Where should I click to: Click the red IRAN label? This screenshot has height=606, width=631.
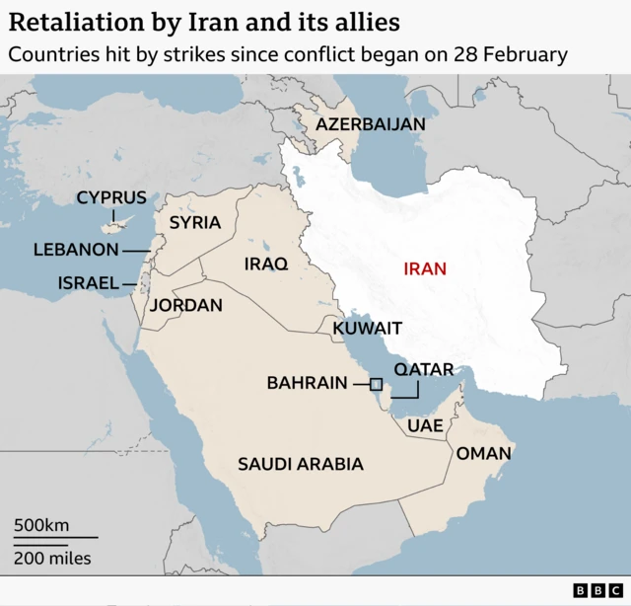click(x=425, y=268)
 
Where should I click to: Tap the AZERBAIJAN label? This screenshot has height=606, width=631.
click(x=371, y=124)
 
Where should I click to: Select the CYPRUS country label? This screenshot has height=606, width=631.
click(x=111, y=198)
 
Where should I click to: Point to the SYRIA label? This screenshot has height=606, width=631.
click(x=195, y=223)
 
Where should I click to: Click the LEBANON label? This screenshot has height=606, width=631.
click(x=76, y=251)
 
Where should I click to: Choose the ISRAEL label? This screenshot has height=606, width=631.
click(x=89, y=283)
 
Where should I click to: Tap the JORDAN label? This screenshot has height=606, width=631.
click(x=185, y=306)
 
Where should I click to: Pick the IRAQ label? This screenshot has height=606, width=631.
click(x=266, y=265)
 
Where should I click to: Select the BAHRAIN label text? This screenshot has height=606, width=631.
click(x=308, y=383)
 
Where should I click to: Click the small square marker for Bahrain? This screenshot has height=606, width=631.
click(x=376, y=384)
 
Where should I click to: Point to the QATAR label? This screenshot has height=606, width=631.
click(x=424, y=370)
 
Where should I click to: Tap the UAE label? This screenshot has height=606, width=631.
click(x=425, y=426)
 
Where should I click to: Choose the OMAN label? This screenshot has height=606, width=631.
click(x=483, y=454)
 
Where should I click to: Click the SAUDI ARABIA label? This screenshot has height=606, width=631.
click(x=301, y=464)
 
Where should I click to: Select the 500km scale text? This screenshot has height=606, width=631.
click(x=41, y=525)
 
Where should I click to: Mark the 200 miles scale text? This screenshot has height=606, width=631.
click(x=52, y=559)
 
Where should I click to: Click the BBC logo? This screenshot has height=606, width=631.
click(x=594, y=590)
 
